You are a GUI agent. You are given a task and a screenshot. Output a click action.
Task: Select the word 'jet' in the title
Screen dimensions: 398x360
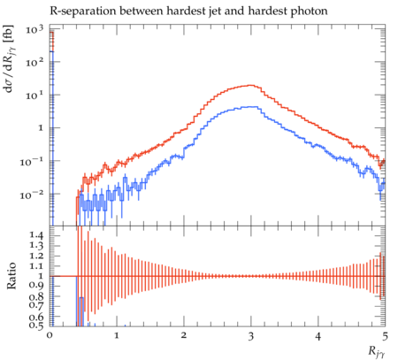click(221, 11)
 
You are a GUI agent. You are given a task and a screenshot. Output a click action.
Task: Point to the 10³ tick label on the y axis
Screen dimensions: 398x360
click(34, 29)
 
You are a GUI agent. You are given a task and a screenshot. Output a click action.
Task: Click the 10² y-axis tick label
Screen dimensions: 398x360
click(34, 62)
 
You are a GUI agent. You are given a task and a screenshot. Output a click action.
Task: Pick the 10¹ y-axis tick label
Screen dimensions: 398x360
click(34, 95)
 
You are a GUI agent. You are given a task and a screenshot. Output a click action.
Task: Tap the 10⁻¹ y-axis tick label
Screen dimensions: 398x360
click(31, 161)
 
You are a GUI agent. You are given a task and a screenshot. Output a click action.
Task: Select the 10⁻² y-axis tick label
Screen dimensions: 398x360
click(31, 194)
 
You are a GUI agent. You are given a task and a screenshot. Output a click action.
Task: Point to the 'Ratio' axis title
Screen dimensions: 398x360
click(11, 276)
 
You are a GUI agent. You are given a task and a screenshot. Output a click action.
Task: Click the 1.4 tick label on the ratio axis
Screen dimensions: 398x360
click(36, 235)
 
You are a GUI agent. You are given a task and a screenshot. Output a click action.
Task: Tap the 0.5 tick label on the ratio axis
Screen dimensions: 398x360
click(36, 325)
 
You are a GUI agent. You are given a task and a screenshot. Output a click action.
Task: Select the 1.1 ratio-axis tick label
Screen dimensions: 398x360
click(36, 265)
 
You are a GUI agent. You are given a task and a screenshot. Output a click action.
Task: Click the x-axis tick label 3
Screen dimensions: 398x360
click(251, 336)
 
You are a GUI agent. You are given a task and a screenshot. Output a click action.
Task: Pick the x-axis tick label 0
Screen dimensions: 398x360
click(50, 336)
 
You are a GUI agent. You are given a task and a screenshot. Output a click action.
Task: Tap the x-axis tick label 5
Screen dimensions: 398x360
click(385, 336)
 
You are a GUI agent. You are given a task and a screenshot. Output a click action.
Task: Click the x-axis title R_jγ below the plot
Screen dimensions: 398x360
click(377, 352)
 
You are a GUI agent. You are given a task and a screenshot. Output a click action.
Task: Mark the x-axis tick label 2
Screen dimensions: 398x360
click(184, 336)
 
